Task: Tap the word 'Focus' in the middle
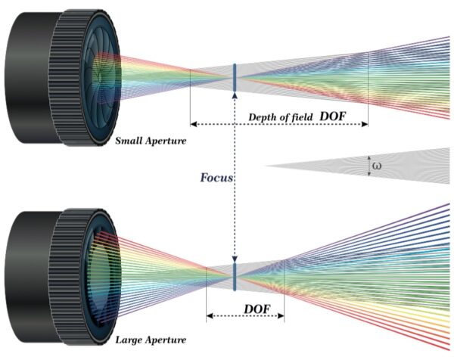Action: [216, 178]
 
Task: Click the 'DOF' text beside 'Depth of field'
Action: [336, 116]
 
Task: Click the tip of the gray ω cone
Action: [267, 166]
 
